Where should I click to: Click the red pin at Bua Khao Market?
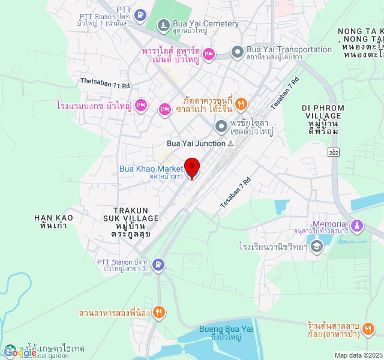click(191, 166)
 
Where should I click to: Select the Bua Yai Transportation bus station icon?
click(237, 53)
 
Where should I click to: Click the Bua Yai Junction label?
click(196, 144)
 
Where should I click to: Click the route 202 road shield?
click(334, 152)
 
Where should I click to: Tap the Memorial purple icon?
click(358, 226)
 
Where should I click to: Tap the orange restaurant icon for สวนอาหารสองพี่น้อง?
click(158, 312)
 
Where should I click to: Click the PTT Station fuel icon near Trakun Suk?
click(158, 264)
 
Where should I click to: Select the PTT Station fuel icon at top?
click(140, 14)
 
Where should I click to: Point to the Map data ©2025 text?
click(358, 355)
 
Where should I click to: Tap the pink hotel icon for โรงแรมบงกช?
click(140, 105)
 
